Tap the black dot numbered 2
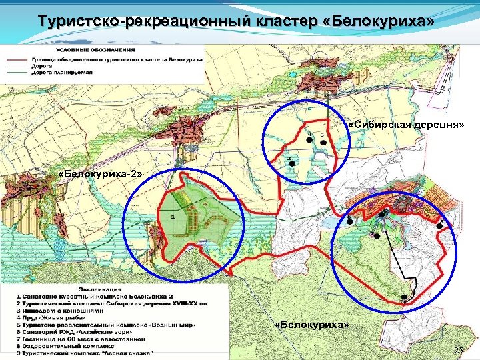pos(291,164)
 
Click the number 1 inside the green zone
pos(173,217)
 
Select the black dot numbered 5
pos(349,222)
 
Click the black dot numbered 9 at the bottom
pos(404,297)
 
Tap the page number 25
pos(458,351)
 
